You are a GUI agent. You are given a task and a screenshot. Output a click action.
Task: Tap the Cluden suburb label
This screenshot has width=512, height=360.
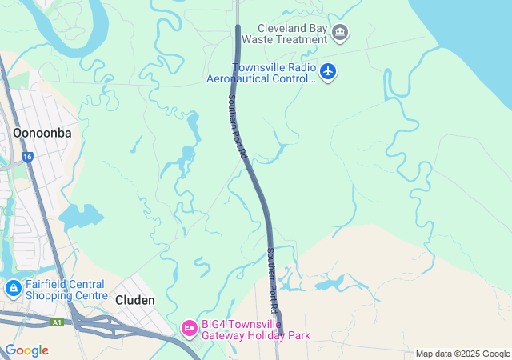(134, 300)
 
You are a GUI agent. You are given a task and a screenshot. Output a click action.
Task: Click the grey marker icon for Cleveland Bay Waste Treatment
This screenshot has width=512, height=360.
(341, 32)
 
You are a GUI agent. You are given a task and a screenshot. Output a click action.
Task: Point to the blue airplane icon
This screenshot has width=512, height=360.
(327, 72)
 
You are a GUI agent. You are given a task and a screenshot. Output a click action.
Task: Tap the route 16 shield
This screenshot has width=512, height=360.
(27, 158)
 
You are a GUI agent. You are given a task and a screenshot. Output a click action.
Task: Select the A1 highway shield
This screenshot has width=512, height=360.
(57, 322)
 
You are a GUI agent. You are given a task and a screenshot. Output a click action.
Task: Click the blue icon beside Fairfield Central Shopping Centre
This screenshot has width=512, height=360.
(13, 288)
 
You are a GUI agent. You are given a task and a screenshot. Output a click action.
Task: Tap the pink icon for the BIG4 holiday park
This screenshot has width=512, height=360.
(190, 327)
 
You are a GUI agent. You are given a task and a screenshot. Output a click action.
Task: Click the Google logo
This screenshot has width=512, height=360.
(26, 350)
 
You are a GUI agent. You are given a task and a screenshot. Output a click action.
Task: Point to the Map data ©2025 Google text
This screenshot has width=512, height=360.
(462, 354)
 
